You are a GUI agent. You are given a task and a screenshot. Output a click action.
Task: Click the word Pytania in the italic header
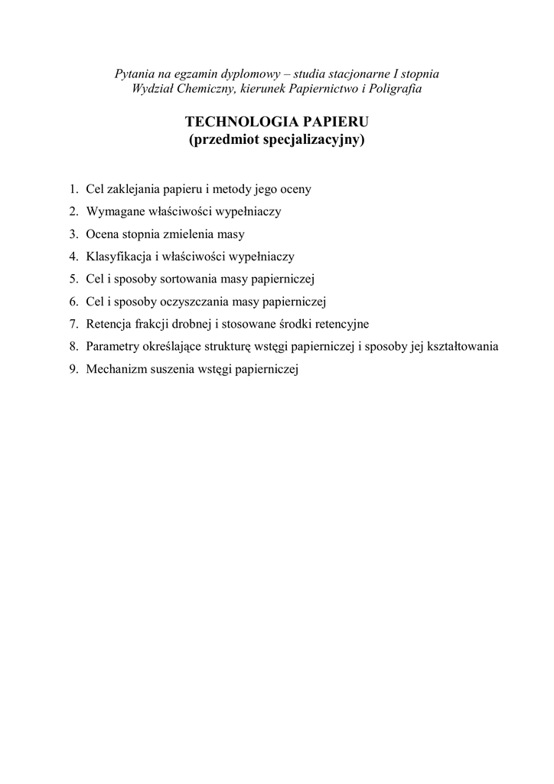pyautogui.click(x=133, y=74)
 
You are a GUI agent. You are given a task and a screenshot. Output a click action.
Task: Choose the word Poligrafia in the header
pyautogui.click(x=395, y=89)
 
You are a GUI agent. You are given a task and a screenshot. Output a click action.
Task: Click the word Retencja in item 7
pyautogui.click(x=109, y=324)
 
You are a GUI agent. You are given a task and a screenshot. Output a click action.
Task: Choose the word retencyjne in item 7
pyautogui.click(x=341, y=324)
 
